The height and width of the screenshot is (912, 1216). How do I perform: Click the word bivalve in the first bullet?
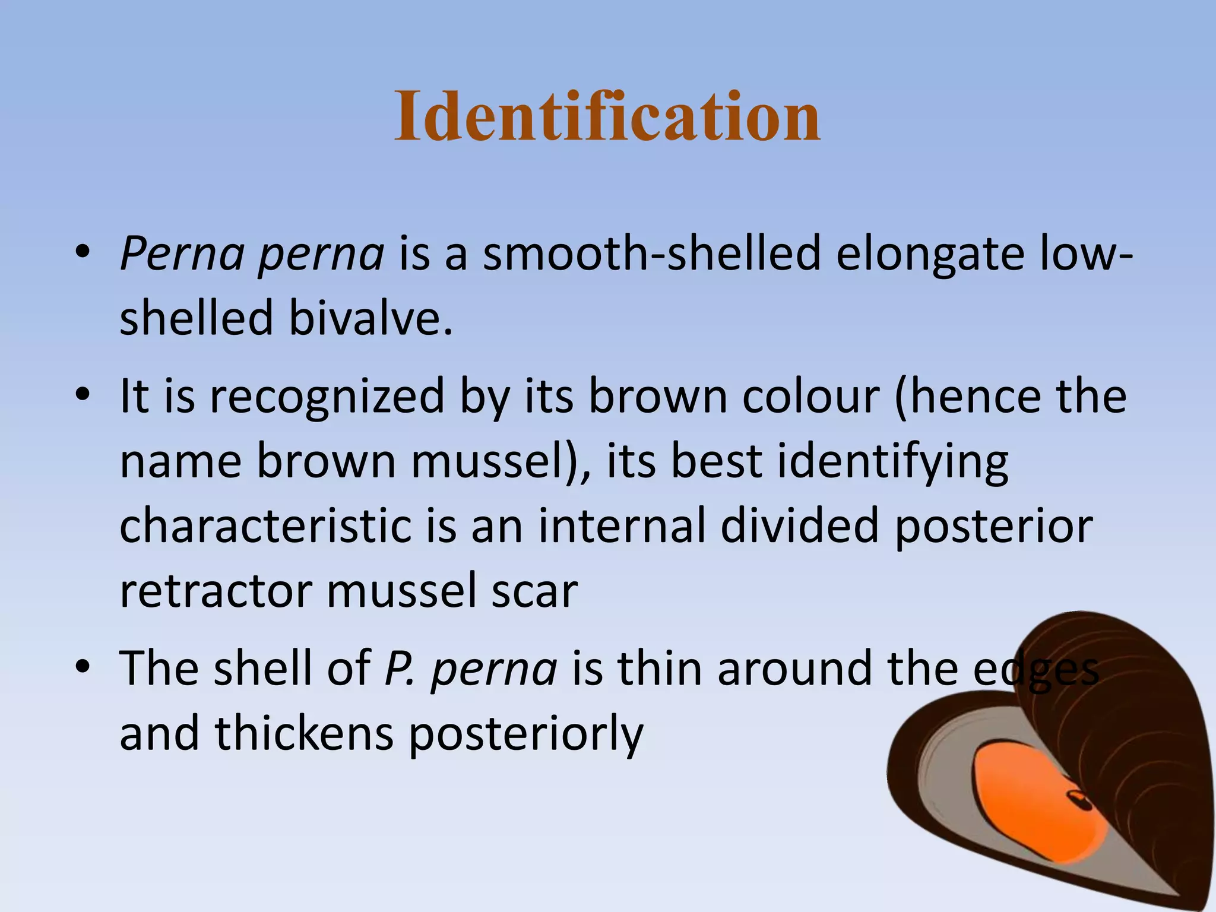pyautogui.click(x=370, y=318)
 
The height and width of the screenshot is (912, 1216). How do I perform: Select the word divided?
pyautogui.click(x=799, y=526)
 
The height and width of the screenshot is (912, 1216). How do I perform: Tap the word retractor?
pyautogui.click(x=216, y=591)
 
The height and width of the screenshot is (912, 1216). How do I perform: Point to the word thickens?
pyautogui.click(x=304, y=734)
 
